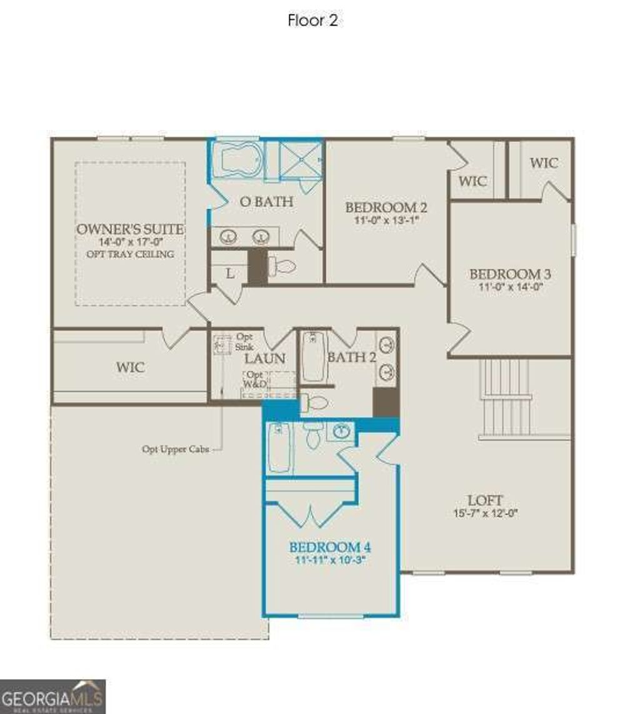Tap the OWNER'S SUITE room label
click(130, 229)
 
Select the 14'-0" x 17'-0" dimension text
click(130, 242)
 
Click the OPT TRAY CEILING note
click(130, 254)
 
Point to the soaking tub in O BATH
click(236, 160)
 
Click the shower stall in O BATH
click(300, 161)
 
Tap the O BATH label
click(267, 202)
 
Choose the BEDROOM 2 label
click(386, 207)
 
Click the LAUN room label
click(264, 359)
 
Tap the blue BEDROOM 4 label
click(330, 547)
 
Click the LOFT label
click(486, 500)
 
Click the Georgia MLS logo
click(52, 696)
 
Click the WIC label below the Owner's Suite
click(131, 367)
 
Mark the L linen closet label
click(230, 273)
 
